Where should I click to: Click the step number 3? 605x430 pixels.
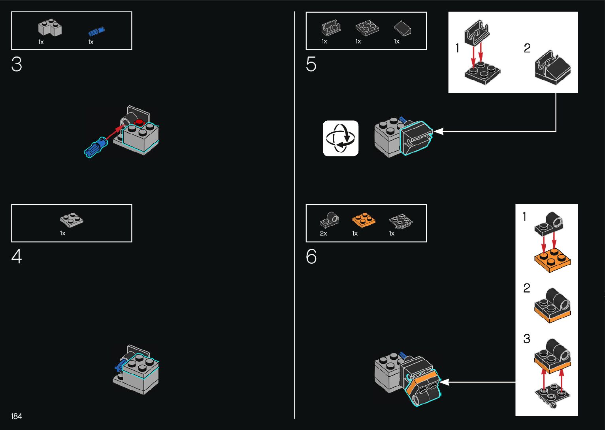click(17, 64)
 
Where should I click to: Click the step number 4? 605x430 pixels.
click(17, 257)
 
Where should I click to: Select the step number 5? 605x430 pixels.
click(311, 64)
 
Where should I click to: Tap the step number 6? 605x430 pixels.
click(311, 257)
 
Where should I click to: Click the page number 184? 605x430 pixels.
click(17, 416)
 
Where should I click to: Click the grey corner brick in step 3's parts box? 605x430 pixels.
click(50, 27)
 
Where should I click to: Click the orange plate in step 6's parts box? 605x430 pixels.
click(364, 220)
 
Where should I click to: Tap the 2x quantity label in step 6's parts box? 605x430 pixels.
click(323, 233)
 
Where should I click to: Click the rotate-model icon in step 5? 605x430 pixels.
click(341, 138)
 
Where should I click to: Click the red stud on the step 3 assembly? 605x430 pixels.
click(139, 122)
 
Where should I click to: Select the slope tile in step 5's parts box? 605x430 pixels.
click(403, 28)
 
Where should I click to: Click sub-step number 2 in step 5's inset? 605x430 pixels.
click(527, 48)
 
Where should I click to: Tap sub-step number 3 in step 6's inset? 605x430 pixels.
click(527, 338)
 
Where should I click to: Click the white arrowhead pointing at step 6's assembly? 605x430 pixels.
click(445, 382)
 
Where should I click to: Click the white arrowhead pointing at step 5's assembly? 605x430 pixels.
click(438, 131)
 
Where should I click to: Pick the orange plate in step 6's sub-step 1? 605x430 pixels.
click(552, 261)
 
